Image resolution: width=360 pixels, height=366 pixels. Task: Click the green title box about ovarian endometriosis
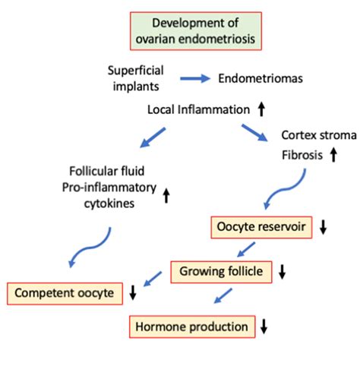(x=196, y=31)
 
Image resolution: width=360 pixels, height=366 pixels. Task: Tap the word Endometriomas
(x=261, y=78)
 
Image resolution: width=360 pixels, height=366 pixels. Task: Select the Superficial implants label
(x=136, y=78)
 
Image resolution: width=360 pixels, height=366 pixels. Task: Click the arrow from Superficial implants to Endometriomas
(x=195, y=78)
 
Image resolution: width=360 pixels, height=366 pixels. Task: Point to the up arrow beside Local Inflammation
(x=261, y=109)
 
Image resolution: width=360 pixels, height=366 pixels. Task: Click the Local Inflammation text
(x=198, y=110)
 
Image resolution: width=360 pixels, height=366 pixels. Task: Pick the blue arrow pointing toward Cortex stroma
(x=254, y=133)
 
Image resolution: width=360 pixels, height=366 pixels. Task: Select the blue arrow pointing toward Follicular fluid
(x=153, y=137)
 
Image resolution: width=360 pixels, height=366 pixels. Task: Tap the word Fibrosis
(x=302, y=155)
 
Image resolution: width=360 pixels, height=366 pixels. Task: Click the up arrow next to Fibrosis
(x=333, y=155)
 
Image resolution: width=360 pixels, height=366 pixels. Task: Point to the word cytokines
(x=109, y=204)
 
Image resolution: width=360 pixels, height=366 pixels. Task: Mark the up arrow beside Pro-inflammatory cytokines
(x=166, y=196)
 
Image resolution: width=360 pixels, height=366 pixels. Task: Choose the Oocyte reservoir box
(x=261, y=227)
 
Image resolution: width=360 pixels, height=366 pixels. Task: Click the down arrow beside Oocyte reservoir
(x=323, y=227)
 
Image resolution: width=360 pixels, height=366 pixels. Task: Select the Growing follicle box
(x=221, y=272)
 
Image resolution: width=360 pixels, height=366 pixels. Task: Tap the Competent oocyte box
(x=65, y=293)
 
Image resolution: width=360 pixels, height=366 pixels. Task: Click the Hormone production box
(x=192, y=327)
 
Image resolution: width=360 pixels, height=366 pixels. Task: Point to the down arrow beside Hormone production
(x=264, y=327)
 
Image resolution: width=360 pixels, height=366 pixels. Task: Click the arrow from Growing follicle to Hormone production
(x=223, y=295)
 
